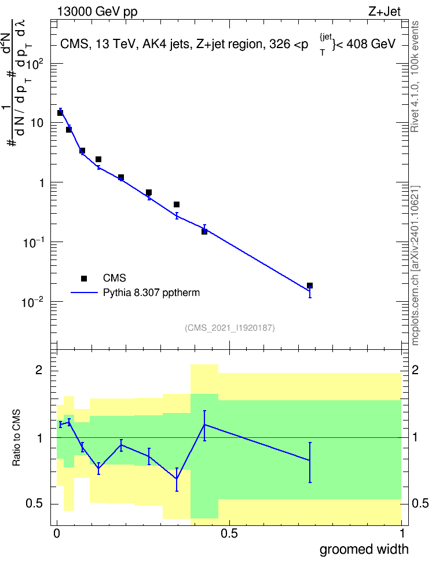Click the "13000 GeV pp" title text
coord(97,12)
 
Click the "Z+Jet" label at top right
coord(385,12)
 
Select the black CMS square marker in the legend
coord(84,278)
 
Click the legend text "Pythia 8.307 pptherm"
coord(151,293)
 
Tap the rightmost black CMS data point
coord(310,286)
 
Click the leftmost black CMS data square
coord(60,113)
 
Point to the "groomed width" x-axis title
coord(364,549)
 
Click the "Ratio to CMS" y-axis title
coord(17,438)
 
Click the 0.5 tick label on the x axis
coord(229,533)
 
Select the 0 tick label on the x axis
coord(57,533)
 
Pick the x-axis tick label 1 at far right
coord(402,533)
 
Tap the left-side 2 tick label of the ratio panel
coord(39,370)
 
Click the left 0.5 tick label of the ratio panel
coord(35,504)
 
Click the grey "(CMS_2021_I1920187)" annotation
coord(230,328)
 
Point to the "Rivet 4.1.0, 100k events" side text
coord(415,76)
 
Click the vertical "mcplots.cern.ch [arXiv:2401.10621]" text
coord(415,266)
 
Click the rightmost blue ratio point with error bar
coord(310,460)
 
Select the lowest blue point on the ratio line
coord(177,478)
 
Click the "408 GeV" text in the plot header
coord(371,44)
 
